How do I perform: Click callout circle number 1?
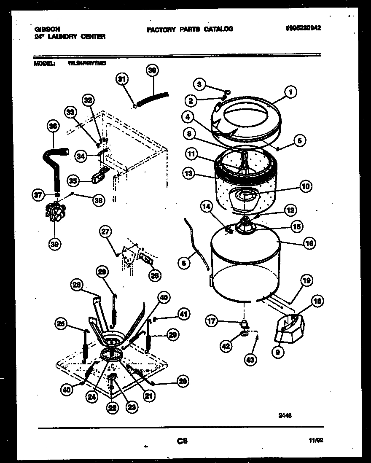pos(290,92)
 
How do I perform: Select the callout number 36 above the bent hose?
pos(54,126)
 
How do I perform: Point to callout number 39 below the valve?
pos(54,243)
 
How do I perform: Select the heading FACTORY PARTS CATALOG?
pos(190,29)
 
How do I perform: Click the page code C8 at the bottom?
pos(182,441)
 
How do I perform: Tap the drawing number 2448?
pos(285,415)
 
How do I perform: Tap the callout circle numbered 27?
pos(105,232)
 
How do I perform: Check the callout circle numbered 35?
pos(73,180)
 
